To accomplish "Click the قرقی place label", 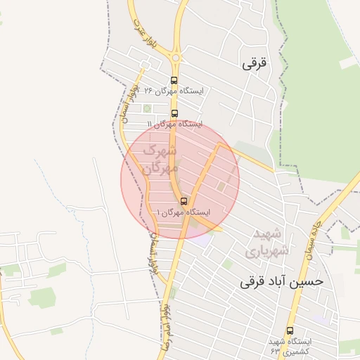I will pos(255,63).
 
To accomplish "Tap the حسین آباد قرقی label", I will pos(282,281).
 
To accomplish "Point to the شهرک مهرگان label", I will pos(158,160).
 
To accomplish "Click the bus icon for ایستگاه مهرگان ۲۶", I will pos(174,80).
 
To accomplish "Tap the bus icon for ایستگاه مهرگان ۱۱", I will pos(174,113).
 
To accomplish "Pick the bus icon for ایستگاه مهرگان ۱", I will pos(184,201).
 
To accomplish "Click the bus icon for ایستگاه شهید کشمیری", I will pos(290,330).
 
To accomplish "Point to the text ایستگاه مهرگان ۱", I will pos(184,212).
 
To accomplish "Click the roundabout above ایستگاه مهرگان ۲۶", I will pos(175,58).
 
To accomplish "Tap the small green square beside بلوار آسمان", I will pos(147,108).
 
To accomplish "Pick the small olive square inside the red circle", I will pos(221,186).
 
